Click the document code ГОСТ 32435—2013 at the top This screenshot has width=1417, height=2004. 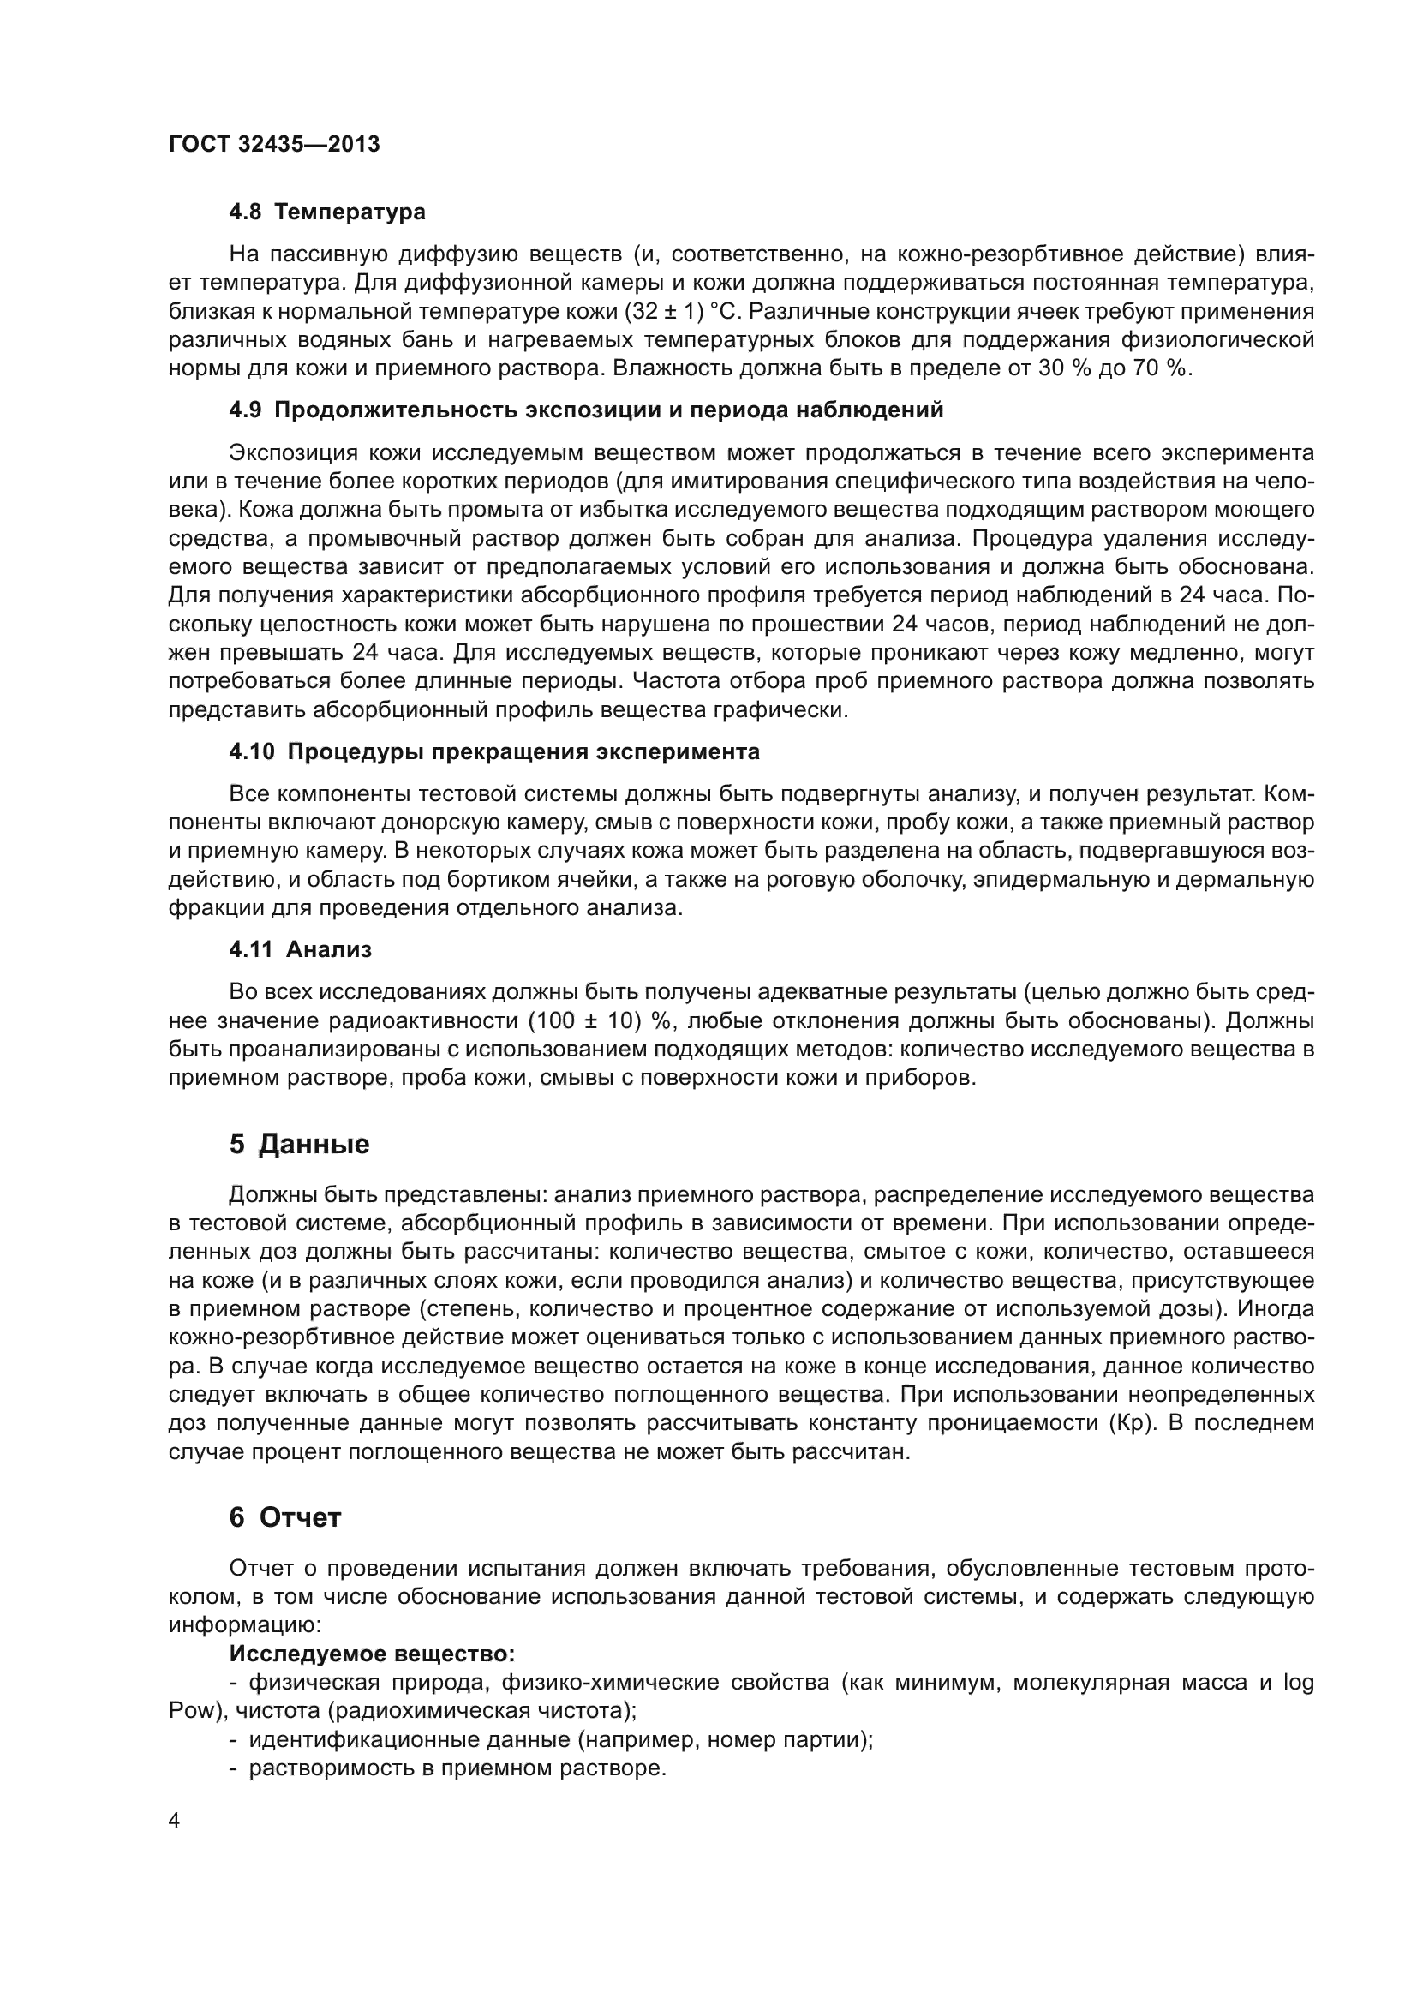click(x=274, y=145)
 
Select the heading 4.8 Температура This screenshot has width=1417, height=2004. click(x=327, y=212)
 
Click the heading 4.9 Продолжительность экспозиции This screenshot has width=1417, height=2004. click(x=586, y=410)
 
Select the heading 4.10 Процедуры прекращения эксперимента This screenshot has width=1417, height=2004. click(x=493, y=751)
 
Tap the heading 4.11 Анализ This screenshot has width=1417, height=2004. click(x=300, y=949)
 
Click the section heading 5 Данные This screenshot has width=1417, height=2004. click(x=299, y=1145)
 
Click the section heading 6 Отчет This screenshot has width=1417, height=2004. click(x=284, y=1518)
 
